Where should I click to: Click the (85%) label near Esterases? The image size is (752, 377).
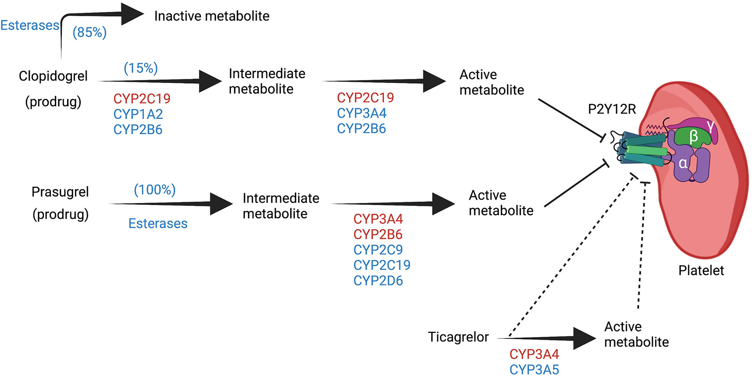(90, 33)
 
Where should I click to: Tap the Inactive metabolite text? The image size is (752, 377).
(212, 16)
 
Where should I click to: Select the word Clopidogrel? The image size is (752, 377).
(53, 76)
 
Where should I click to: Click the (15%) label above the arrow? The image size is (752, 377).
(140, 68)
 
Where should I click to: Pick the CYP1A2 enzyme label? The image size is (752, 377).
(138, 114)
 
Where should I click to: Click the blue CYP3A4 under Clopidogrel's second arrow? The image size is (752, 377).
(362, 113)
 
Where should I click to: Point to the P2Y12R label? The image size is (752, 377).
(612, 110)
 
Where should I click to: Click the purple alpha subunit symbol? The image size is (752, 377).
(683, 163)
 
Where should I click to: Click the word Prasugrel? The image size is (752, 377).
(60, 192)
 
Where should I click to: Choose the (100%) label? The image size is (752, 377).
(154, 190)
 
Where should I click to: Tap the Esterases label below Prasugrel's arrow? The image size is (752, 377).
(158, 224)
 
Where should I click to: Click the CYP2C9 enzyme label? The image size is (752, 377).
(378, 250)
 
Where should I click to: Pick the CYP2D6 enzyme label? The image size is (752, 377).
(378, 281)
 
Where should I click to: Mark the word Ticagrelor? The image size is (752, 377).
(458, 337)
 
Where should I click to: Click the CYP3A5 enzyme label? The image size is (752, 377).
(534, 370)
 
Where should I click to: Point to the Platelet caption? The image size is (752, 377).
(701, 270)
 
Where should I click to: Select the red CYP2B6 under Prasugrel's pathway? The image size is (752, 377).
(378, 234)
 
